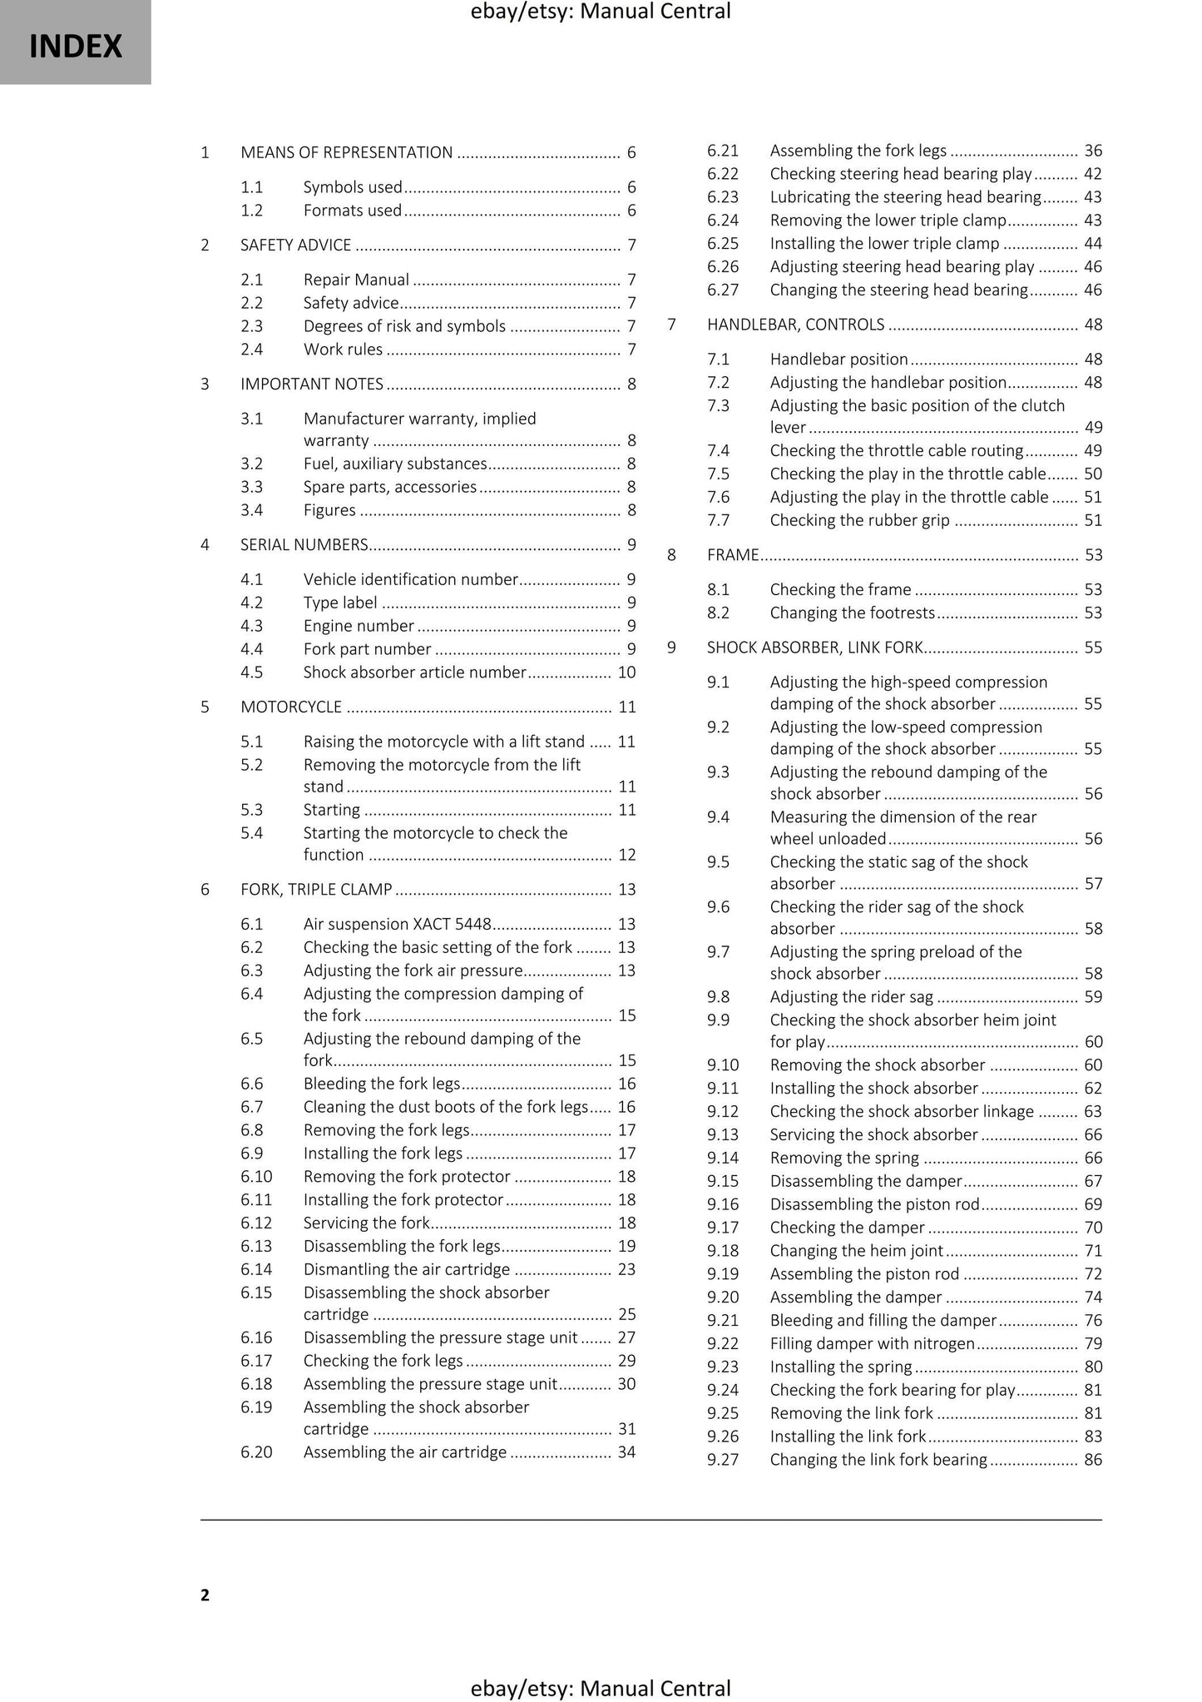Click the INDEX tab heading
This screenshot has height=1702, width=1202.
tap(76, 46)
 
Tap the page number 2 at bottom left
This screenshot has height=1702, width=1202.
tap(205, 1595)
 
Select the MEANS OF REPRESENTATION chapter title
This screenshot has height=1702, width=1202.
tap(346, 152)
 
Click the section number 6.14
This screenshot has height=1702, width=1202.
tap(256, 1269)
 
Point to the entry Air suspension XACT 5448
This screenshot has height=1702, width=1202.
tap(397, 924)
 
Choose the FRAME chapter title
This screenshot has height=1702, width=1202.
tap(732, 555)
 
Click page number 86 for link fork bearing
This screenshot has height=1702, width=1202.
tap(1092, 1459)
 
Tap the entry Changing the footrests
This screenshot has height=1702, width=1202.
tap(852, 613)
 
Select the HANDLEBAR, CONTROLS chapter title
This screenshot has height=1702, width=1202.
tap(795, 325)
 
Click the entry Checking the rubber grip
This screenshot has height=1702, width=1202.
tap(859, 520)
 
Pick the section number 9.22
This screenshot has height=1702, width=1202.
tap(722, 1343)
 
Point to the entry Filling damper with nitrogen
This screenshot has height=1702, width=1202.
tap(872, 1343)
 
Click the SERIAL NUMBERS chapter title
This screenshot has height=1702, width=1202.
tap(304, 545)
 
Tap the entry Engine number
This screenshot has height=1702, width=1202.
tap(359, 626)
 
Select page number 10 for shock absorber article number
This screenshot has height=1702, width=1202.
tap(626, 672)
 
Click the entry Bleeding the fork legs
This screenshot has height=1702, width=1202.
tap(381, 1084)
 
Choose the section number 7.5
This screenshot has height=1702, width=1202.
tap(718, 474)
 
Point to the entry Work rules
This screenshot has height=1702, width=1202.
tap(343, 350)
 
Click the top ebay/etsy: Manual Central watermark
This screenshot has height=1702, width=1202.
tap(601, 12)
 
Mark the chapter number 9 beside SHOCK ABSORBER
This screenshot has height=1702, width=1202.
tap(671, 648)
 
